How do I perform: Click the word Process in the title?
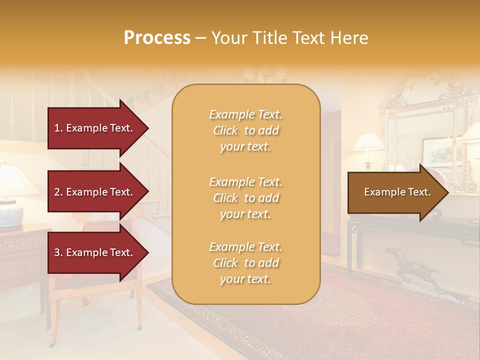pos(157,38)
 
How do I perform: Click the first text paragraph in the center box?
pos(245,130)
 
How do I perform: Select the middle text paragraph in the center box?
pos(245,198)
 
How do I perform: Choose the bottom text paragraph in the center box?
pos(245,263)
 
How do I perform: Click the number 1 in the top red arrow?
pos(57,128)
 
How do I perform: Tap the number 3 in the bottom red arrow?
pos(57,252)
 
